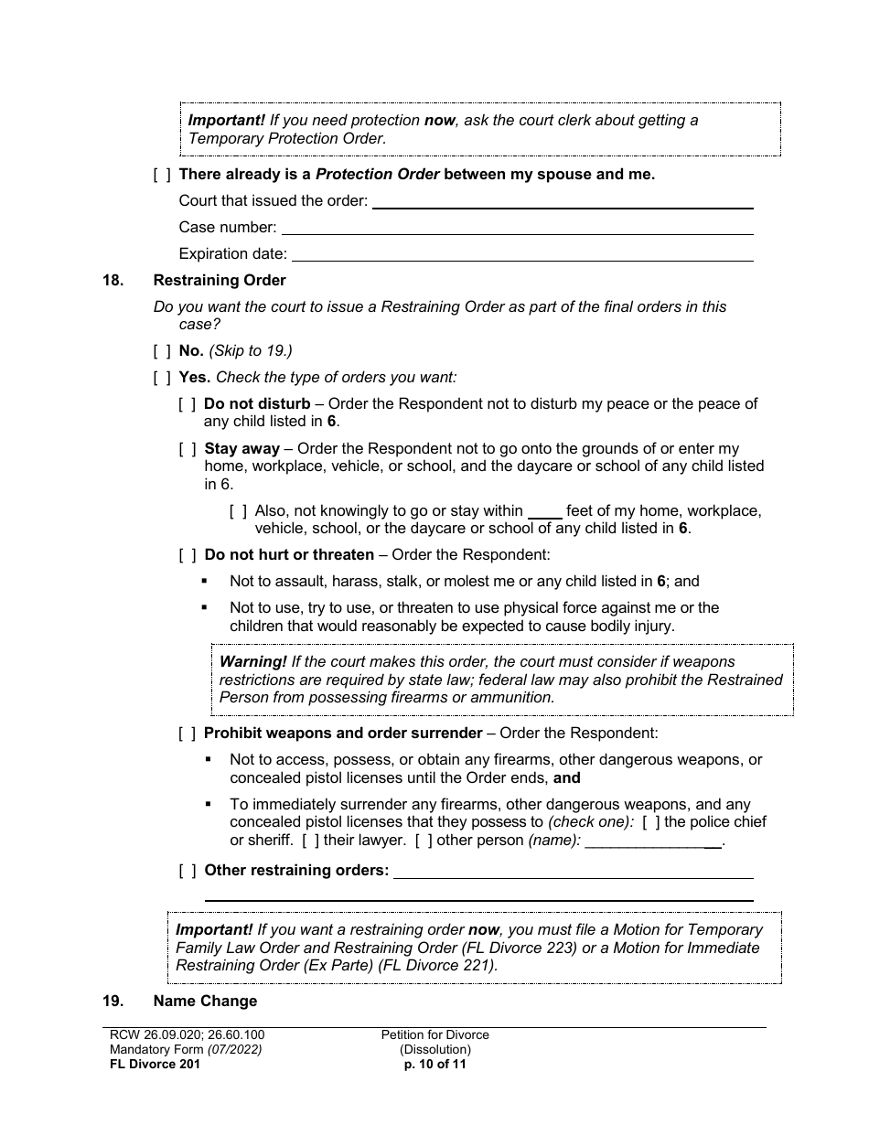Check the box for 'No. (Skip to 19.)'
coord(162,350)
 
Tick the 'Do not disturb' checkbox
coord(187,403)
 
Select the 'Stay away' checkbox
coord(187,448)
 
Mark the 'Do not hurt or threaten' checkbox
coord(187,554)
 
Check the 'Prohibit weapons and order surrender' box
coord(187,733)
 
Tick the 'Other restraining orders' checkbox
coord(187,870)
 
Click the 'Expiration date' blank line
coord(522,255)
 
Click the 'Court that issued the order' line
coord(563,202)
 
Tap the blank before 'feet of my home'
coord(545,513)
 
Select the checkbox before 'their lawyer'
coord(310,840)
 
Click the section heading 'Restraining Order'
coord(220,281)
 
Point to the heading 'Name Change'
coord(205,1001)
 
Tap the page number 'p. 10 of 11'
coord(434,1064)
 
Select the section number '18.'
coord(113,281)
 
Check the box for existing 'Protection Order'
coord(162,174)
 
